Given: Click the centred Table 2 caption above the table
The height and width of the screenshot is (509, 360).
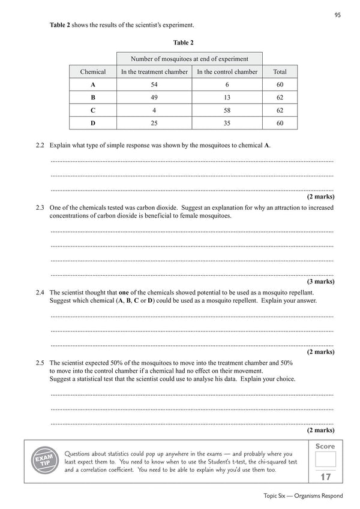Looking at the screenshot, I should [x=183, y=43].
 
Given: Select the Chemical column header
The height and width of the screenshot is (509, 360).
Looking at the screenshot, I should [x=93, y=72].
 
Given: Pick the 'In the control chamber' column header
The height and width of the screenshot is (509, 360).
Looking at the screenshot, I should [x=227, y=72].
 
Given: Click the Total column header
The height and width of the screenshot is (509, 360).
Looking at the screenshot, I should [x=280, y=72].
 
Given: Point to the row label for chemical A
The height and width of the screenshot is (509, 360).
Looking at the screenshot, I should [x=93, y=85].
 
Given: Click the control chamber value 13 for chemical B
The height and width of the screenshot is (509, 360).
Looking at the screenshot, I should [x=227, y=97].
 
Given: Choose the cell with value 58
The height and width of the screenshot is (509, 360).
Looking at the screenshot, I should [x=227, y=110].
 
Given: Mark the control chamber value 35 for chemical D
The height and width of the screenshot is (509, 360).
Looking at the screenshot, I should [x=227, y=123].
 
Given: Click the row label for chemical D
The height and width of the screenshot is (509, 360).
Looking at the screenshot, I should [x=93, y=123].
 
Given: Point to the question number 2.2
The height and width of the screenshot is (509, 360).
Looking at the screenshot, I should [x=41, y=146].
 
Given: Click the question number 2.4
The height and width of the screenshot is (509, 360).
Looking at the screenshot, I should [x=41, y=292].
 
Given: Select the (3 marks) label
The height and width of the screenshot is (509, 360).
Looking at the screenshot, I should [x=320, y=281].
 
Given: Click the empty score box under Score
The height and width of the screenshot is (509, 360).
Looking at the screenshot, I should [x=326, y=459].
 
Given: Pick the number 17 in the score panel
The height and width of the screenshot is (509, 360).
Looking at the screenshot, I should [x=326, y=477].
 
